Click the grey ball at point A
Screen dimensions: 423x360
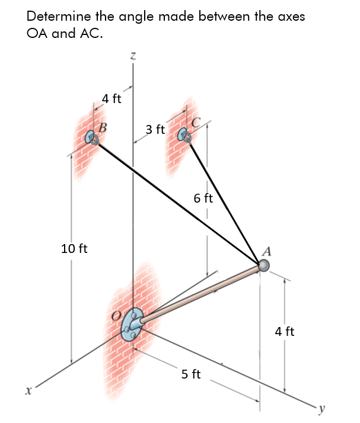coord(264,267)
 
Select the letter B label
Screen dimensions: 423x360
coord(103,126)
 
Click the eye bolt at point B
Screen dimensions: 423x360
coord(93,139)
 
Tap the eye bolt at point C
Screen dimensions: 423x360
coord(184,136)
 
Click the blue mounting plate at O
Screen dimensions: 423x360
coord(131,325)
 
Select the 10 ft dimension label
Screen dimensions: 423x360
coord(74,248)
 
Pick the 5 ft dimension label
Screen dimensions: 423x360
coord(191,374)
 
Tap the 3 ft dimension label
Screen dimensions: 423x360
coord(155,129)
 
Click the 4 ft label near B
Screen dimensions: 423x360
coord(111,99)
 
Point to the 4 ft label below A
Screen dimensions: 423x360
coord(285,331)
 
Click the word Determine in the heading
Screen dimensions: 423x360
coord(56,17)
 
